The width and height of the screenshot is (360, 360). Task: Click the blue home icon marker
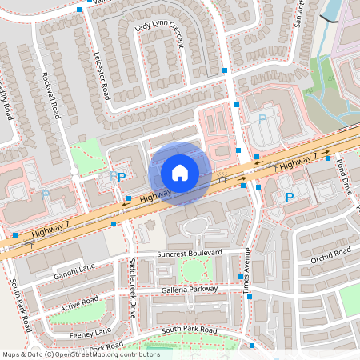coord(180,173)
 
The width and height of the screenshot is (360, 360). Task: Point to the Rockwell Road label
coord(50,94)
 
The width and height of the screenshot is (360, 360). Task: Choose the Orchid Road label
coord(330,255)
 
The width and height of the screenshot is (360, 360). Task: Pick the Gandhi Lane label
coord(75,274)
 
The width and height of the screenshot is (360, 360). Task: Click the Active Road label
coord(80,304)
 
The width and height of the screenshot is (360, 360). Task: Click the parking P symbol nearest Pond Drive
coord(290,197)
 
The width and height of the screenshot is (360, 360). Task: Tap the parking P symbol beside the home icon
coord(122,177)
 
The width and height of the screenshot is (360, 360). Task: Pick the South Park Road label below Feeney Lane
coord(189,330)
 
